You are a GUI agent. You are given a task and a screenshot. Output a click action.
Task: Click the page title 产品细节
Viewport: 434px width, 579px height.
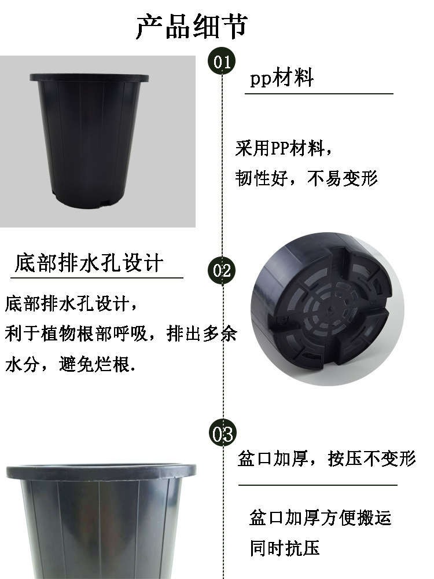pos(192,27)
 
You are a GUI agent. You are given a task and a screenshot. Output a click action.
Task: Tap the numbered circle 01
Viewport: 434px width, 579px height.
pos(222,61)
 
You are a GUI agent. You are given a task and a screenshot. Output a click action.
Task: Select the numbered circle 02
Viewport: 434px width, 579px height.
pos(222,270)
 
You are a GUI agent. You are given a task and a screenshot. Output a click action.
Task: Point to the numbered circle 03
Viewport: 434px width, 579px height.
pos(222,433)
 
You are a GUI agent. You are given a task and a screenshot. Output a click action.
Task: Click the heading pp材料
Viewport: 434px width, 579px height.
pos(281,78)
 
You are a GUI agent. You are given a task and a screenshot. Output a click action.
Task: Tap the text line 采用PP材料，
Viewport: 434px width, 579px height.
pos(284,149)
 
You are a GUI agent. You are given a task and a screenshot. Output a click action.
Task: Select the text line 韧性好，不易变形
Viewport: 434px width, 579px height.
pos(306,178)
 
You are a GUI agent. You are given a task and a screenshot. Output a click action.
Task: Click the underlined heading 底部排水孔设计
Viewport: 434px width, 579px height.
pos(89,263)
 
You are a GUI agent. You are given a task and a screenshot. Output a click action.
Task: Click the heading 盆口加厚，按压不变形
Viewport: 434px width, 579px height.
pos(326,459)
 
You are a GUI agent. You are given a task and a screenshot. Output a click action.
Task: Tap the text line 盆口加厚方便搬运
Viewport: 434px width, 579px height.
pos(320,517)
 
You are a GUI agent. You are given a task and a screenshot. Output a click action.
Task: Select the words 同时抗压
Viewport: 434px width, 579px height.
pos(285,547)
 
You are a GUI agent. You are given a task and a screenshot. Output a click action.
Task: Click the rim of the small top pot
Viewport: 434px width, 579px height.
pos(89,78)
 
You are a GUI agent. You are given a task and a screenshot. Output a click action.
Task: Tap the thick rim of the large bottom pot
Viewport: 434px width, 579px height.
pos(101,471)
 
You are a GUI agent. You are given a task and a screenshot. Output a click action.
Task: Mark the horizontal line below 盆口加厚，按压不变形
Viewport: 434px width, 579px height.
pos(318,485)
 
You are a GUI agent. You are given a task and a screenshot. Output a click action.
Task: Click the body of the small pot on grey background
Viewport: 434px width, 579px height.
pos(89,139)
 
